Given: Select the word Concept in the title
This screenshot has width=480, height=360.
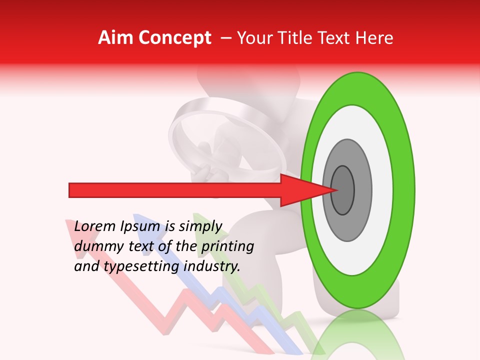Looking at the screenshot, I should click(174, 38).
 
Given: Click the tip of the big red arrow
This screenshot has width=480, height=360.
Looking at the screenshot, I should click(337, 190).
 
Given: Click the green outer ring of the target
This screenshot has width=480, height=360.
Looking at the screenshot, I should click(357, 89).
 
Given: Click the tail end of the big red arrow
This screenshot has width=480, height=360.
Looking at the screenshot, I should click(71, 190).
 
